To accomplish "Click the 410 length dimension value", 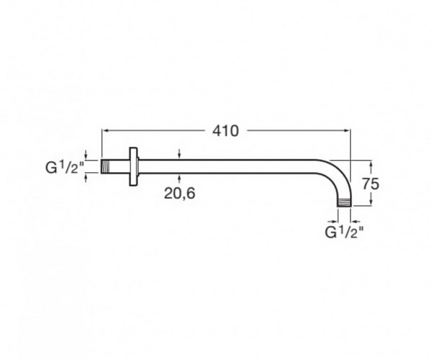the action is [x=225, y=131].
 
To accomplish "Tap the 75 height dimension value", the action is [x=371, y=184].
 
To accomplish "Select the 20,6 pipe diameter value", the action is [x=180, y=193].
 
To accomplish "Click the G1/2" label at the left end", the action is [x=64, y=167].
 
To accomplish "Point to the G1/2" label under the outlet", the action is [x=344, y=233].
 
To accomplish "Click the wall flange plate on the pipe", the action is [x=134, y=166].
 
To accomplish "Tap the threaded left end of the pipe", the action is [x=105, y=166].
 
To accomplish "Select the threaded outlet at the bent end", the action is [x=344, y=202].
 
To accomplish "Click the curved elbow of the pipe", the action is [x=338, y=176].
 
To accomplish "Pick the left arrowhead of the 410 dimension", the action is [x=105, y=131].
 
